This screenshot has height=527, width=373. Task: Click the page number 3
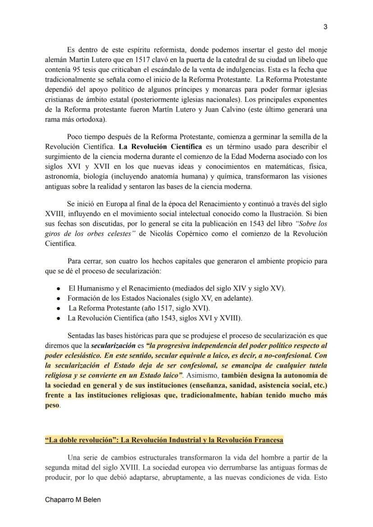pos(325,27)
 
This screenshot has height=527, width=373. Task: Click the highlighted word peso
pos(52,405)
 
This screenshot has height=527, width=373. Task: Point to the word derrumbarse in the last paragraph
pos(216,467)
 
